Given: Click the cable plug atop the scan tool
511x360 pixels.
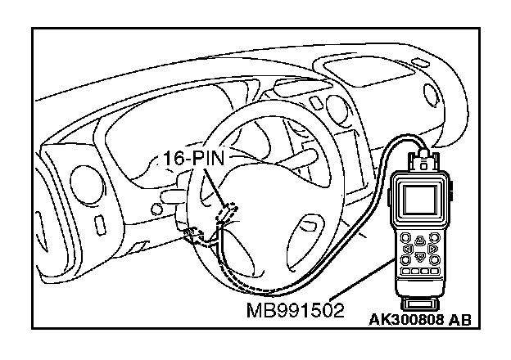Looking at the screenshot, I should click(x=423, y=155).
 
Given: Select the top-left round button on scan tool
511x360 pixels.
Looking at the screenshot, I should click(x=407, y=238).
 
